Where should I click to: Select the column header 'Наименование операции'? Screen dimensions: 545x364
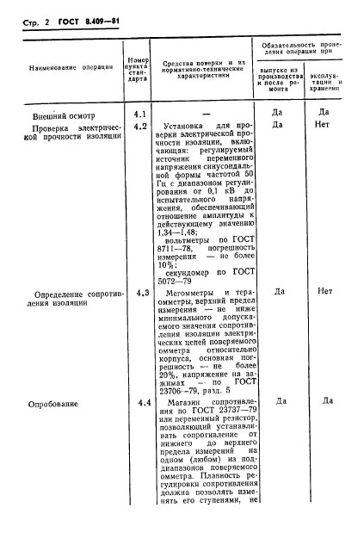coord(66,66)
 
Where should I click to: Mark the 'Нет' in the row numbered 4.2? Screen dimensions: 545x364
coord(325,125)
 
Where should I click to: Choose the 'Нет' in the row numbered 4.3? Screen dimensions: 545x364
coord(325,291)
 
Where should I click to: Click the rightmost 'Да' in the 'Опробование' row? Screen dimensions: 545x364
coord(325,401)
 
